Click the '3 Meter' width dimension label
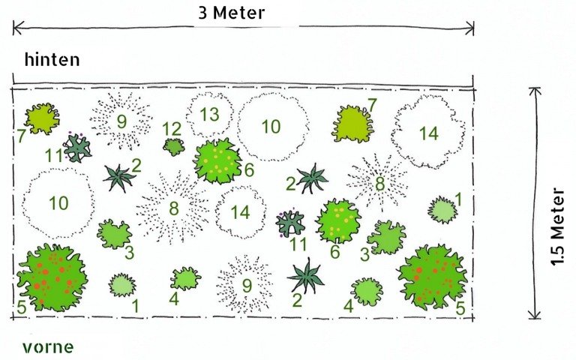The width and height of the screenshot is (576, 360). point(231,13)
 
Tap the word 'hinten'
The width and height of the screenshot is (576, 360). point(52,59)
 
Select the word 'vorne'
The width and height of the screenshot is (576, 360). point(48,347)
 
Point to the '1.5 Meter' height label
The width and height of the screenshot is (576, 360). point(557,226)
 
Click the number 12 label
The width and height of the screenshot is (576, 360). point(172,129)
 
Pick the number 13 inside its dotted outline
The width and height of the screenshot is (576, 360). point(209,115)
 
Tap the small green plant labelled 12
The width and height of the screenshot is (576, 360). point(174,147)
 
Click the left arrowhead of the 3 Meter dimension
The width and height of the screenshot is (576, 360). point(18,28)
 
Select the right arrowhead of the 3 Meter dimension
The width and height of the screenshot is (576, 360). point(469,28)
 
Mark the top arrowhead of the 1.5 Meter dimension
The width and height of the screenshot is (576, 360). point(535,91)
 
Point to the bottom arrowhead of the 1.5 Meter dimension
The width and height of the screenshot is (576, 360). point(535,315)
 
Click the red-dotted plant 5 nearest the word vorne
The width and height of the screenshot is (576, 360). point(52,277)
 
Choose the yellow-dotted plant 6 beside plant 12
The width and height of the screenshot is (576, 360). point(217,161)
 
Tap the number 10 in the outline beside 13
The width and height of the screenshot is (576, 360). point(271,127)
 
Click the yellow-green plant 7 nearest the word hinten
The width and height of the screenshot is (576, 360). point(42,118)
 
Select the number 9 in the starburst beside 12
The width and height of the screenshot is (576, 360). point(121,121)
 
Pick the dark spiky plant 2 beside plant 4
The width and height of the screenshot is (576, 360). point(306,276)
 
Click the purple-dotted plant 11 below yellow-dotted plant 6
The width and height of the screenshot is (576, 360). point(290,223)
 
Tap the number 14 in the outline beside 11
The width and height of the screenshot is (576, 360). point(240,212)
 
